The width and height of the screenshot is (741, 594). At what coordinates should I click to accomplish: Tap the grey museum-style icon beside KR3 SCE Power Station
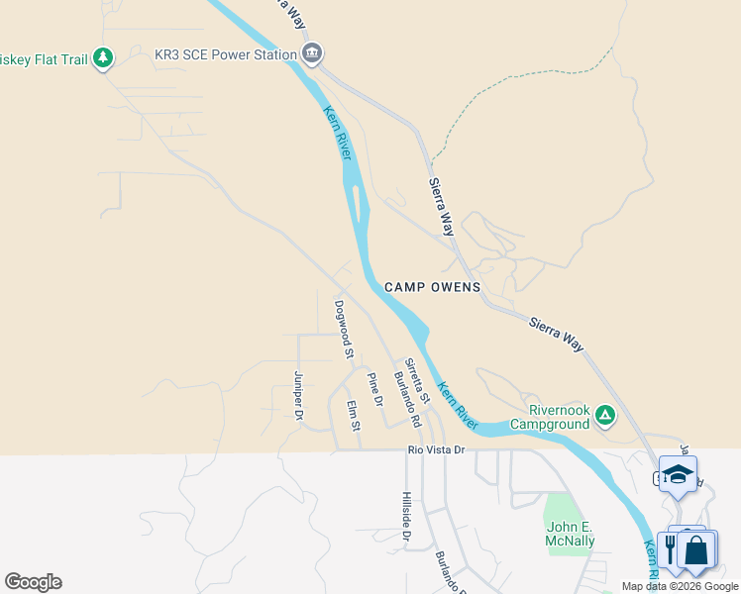[312, 54]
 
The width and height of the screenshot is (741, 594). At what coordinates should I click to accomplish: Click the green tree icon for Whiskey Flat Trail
[102, 59]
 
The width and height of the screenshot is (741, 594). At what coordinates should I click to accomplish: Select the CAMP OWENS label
[432, 287]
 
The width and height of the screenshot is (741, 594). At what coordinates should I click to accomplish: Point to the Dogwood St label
[344, 328]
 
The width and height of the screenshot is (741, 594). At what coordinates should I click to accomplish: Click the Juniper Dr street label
[298, 395]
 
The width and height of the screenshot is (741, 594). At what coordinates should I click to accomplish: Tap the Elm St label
[353, 415]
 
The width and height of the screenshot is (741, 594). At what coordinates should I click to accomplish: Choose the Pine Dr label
[374, 390]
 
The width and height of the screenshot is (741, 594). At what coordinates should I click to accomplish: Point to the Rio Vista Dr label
[437, 450]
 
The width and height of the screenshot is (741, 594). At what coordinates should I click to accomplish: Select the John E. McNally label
[570, 534]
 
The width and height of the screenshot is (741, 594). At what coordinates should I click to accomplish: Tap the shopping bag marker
[696, 548]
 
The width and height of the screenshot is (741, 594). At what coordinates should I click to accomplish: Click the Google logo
[33, 582]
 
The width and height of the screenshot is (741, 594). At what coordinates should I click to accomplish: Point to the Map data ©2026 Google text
[680, 586]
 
